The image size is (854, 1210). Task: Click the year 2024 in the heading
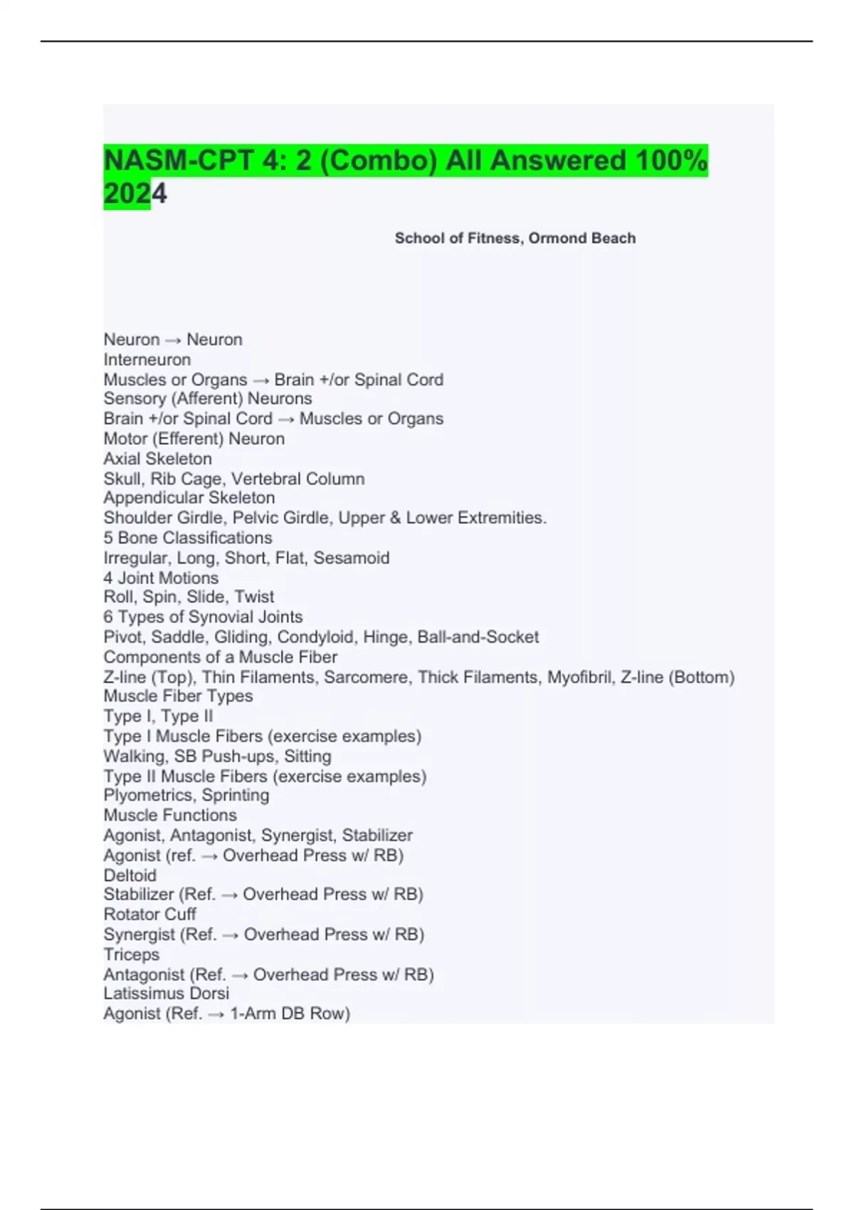135,194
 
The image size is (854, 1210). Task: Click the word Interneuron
147,359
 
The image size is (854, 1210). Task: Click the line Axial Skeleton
158,458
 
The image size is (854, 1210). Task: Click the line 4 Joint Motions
161,577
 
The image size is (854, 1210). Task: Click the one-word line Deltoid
130,875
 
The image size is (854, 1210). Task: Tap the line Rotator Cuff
149,914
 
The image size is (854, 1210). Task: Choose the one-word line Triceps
132,954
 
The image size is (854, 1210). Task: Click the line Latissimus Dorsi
167,993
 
